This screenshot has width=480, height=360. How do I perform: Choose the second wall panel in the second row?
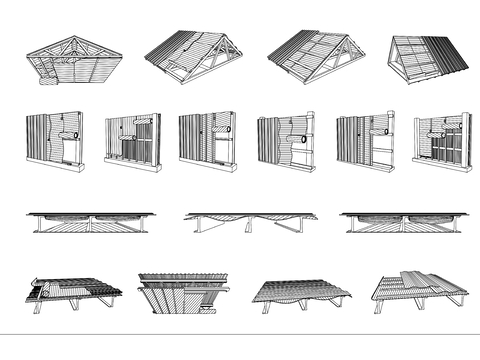click(132, 141)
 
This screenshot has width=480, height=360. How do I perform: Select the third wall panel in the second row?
click(207, 141)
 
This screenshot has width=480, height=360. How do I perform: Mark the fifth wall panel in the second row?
click(364, 141)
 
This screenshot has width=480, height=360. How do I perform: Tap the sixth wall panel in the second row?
click(442, 141)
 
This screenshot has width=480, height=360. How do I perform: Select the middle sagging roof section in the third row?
click(251, 221)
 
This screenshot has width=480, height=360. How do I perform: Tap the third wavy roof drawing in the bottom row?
click(301, 291)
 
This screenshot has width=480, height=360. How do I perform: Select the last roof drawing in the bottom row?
click(421, 289)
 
